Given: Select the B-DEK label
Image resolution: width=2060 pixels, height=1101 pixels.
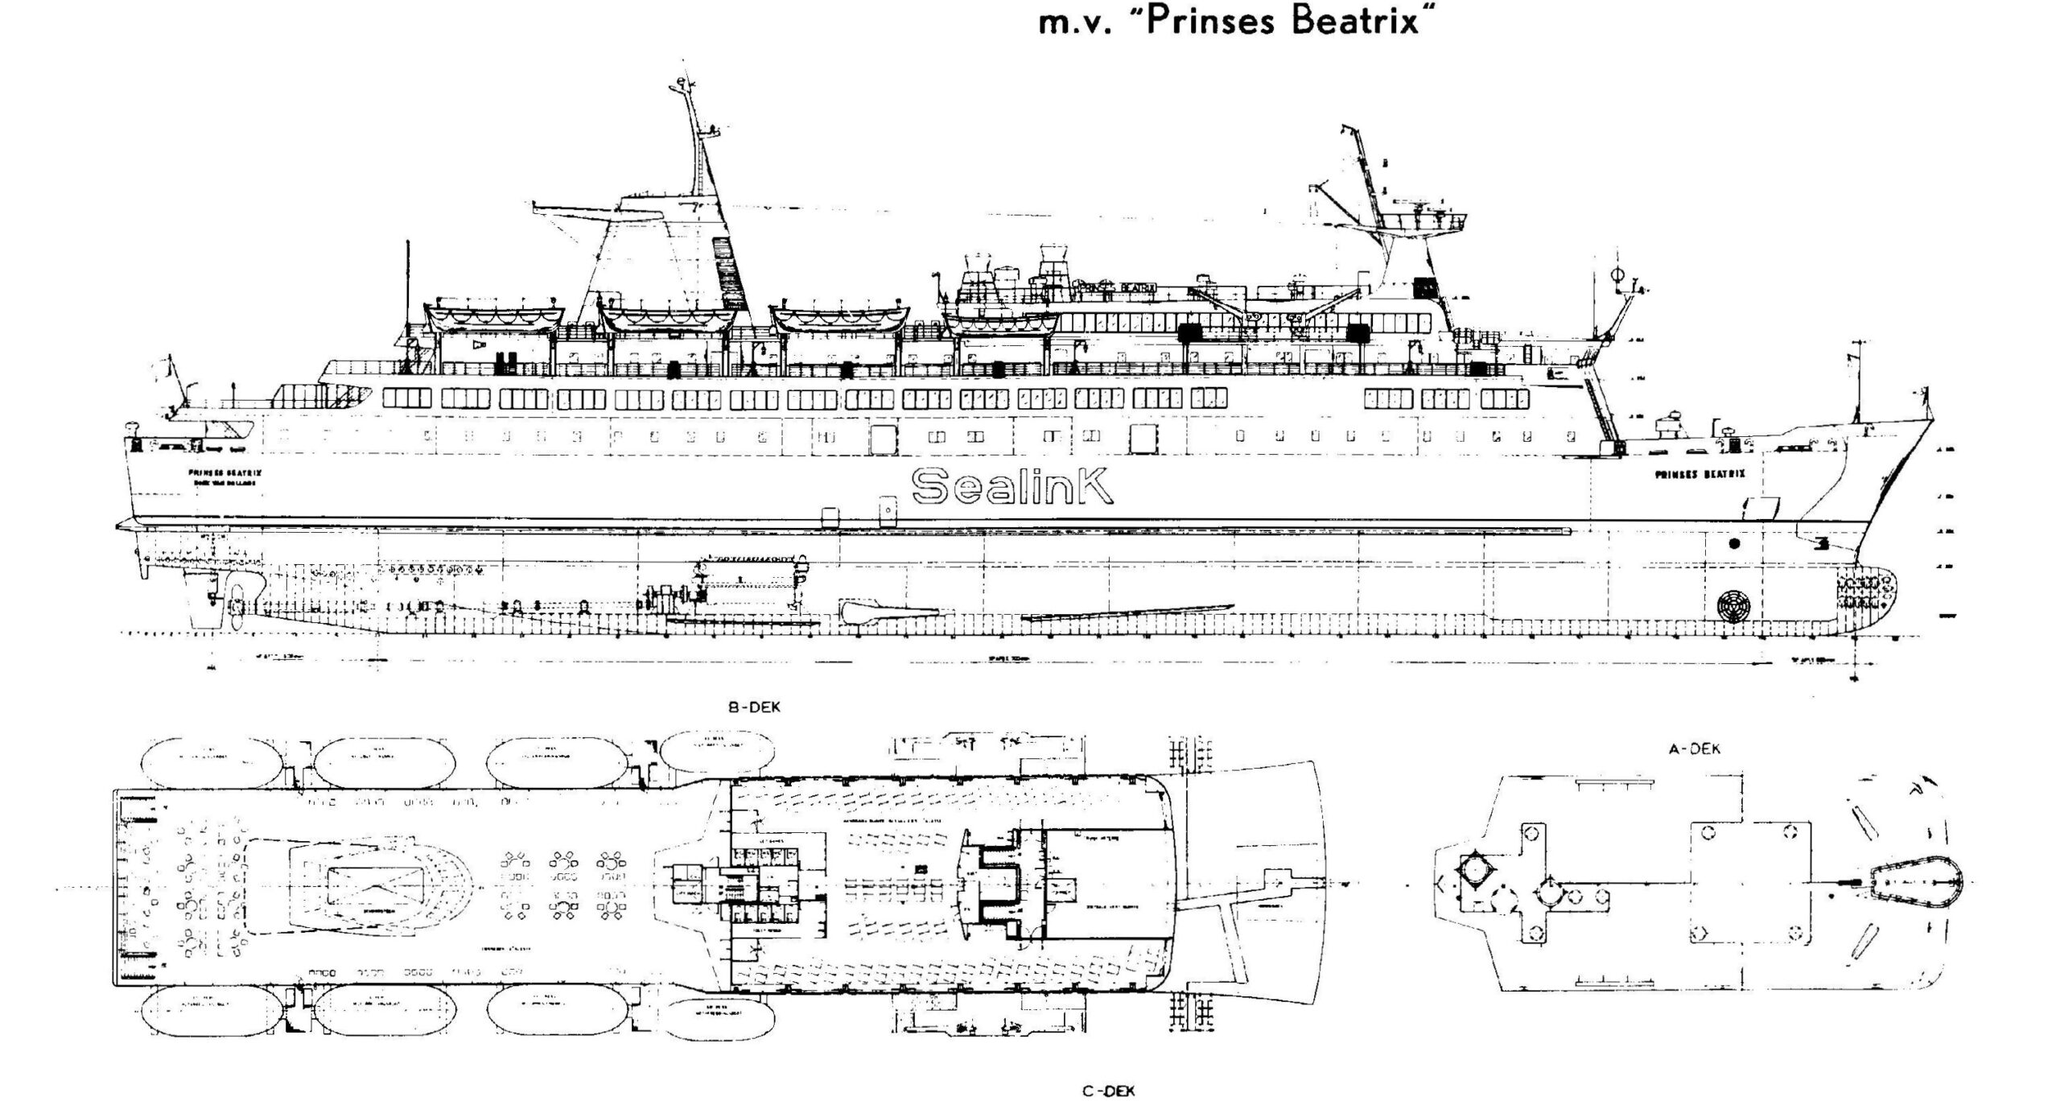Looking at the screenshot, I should tap(754, 707).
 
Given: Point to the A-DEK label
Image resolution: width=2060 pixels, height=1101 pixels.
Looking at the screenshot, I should tap(1694, 748).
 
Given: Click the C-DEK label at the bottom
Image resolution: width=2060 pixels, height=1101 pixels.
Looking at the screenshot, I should tap(1108, 1091).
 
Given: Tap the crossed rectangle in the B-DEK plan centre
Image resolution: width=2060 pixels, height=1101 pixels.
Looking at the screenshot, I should tap(372, 887).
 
